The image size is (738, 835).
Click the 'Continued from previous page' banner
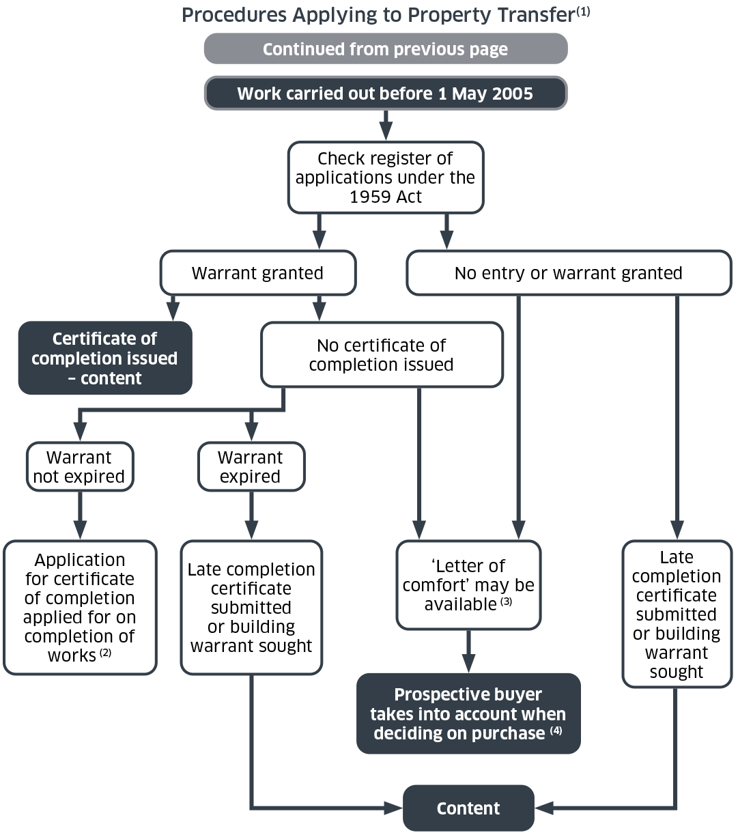385,49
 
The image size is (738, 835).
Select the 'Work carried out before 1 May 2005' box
385,94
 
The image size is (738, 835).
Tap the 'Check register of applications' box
385,178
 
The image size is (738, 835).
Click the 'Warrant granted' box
257,273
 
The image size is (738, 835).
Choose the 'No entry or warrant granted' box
568,273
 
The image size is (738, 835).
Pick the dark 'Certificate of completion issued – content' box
104,358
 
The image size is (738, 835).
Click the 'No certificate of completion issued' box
381,355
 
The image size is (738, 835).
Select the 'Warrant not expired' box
79,467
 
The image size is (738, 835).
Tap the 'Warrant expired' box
251,467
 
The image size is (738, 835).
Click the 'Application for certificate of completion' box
80,608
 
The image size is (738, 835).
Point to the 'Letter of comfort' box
468,585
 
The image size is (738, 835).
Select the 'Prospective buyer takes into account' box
468,714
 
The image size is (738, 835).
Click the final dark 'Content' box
468,808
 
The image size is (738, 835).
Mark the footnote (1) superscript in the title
582,12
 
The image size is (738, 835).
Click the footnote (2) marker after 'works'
105,653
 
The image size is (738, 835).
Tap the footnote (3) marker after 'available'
506,602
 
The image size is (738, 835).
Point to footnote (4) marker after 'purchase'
556,731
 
